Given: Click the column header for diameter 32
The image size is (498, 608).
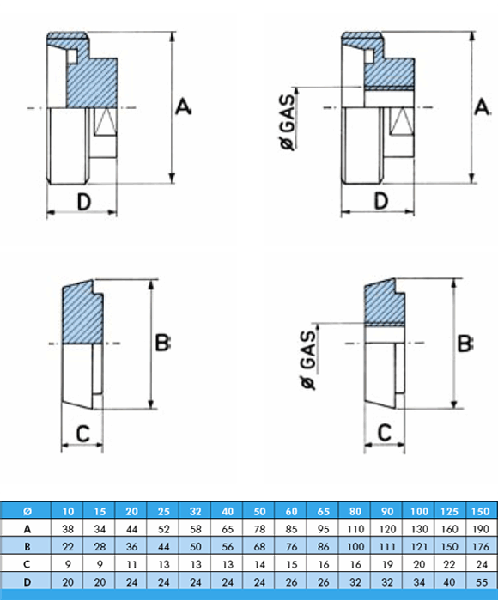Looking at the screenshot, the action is pos(195,512).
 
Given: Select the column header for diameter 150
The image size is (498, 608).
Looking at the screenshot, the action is pos(481,512).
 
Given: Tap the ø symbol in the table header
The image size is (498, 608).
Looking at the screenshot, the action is pos(27,512).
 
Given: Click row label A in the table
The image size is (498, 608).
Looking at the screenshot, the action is pos(27,529).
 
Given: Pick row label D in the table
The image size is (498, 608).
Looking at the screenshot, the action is pos(27,582).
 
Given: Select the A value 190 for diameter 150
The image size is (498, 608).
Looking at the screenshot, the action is pos(481,529).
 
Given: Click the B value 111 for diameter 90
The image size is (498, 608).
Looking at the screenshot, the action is pos(387,547).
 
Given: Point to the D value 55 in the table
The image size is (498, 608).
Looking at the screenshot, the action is pos(481,582).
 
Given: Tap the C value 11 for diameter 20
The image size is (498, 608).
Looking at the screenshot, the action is pos(131,564).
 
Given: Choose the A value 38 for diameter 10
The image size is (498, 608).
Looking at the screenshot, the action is pos(68,529).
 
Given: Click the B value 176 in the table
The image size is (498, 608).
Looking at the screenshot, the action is pos(481,547).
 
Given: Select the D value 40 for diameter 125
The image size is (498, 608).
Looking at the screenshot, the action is pos(449,582).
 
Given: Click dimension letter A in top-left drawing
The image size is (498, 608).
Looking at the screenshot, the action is pos(183,106).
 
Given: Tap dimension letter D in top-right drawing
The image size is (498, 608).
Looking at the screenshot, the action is pos(381,201).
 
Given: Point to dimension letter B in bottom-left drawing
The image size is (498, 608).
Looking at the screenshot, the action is pos(162,343).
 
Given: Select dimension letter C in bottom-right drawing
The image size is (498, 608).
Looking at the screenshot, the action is pos(385,433).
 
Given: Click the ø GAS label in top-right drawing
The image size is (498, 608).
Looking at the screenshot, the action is pos(288,122).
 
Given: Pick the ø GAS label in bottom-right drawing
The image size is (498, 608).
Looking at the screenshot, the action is pos(308,360).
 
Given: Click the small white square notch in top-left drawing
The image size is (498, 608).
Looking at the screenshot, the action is pos(72,56).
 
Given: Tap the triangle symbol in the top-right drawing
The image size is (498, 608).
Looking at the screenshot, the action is pos(402,122).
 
